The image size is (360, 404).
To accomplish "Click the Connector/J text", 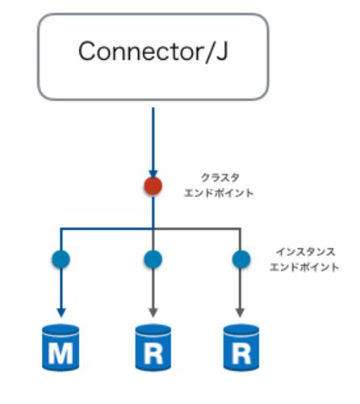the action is (153, 51).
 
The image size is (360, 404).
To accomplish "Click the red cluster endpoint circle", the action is (153, 186).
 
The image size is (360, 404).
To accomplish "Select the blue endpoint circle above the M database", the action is (61, 259).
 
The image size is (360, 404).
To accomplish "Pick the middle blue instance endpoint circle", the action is (153, 259).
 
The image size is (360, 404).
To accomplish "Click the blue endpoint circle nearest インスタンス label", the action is (241, 259).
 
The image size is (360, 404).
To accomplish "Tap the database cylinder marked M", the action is (61, 347).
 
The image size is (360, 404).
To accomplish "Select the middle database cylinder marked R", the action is (153, 347).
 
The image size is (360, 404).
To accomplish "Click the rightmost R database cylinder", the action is (241, 347).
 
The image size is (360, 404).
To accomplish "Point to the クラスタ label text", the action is (220, 178).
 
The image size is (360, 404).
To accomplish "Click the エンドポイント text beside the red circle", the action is (219, 193).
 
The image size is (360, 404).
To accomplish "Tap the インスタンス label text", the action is (306, 252).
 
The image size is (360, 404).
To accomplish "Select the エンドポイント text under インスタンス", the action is (304, 267).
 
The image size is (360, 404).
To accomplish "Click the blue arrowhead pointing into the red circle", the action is (153, 174).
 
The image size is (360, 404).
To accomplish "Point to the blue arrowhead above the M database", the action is (61, 313).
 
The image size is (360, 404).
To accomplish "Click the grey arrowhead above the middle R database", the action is (153, 313).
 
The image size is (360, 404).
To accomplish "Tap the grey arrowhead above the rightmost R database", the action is (240, 313).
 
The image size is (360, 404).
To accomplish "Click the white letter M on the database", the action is (61, 353).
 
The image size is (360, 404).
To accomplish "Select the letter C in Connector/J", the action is (87, 51).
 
